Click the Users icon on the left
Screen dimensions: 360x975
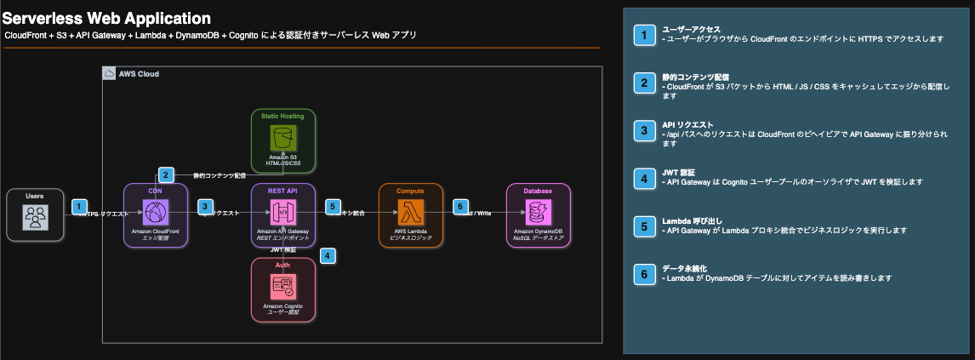click(x=34, y=218)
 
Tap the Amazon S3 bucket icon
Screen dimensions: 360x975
click(x=282, y=136)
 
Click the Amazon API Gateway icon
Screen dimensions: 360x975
click(x=282, y=210)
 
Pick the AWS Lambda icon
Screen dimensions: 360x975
click(x=410, y=210)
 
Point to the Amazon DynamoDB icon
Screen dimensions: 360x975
click(x=538, y=210)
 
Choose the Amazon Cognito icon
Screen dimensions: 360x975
click(x=282, y=287)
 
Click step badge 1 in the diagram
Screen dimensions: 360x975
click(x=80, y=207)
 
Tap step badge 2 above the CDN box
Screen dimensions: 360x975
click(x=167, y=174)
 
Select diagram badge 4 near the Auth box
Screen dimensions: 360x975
click(x=328, y=254)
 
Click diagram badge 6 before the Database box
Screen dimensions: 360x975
click(x=460, y=207)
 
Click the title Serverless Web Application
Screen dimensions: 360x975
click(x=107, y=17)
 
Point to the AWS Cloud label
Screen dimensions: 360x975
click(x=139, y=74)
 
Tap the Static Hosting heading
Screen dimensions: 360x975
click(x=282, y=115)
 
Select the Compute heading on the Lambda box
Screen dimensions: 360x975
click(x=410, y=191)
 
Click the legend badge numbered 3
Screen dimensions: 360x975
click(x=645, y=131)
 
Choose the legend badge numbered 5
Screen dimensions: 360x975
click(x=645, y=226)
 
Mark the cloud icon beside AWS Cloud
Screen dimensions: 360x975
click(x=109, y=74)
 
